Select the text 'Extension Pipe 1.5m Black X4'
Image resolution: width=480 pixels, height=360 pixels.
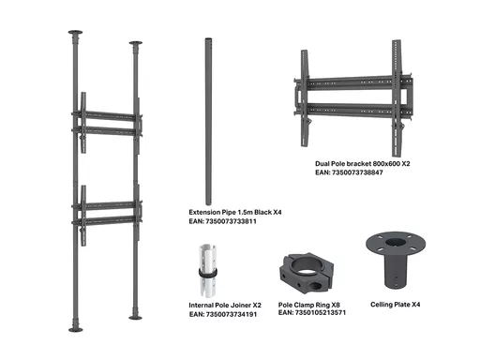point(235,212)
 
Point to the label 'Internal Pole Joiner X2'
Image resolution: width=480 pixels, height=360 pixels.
point(225,306)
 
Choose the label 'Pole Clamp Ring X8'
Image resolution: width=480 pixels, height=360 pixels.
point(309,305)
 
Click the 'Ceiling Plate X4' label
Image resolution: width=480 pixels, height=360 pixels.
point(396,305)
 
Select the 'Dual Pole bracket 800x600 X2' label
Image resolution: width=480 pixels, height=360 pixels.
point(363,164)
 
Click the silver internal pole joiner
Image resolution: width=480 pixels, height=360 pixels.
point(208,271)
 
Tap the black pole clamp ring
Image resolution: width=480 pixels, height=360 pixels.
point(307,274)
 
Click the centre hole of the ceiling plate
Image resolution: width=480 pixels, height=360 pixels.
point(396,242)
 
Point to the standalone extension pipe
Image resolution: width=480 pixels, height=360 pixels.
point(208,122)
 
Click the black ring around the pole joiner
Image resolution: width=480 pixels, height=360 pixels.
point(208,273)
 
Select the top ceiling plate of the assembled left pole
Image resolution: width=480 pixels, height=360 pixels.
point(75,32)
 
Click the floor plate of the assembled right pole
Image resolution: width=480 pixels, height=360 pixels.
point(135,318)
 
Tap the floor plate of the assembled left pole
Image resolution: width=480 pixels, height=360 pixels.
point(76,330)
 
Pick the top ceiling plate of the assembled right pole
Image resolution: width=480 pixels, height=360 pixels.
point(136,43)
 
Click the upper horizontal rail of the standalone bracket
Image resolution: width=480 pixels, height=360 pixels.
point(353,82)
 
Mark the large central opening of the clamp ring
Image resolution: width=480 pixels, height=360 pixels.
point(307,265)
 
